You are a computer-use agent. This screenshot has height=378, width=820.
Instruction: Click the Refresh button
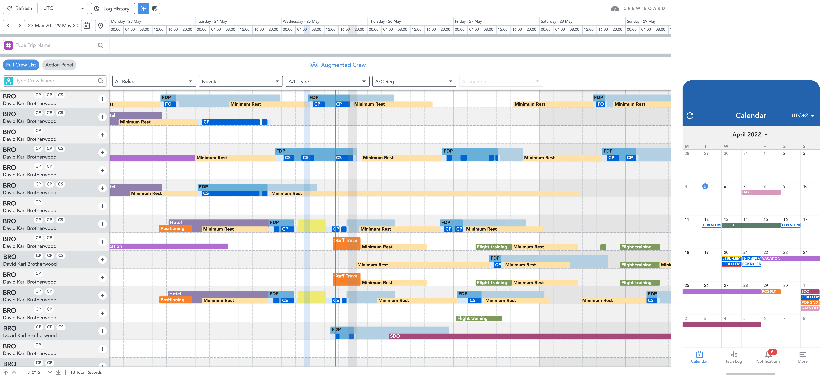pyautogui.click(x=20, y=8)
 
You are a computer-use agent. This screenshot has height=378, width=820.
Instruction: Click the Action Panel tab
pyautogui.click(x=59, y=65)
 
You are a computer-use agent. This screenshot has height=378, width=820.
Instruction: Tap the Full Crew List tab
pyautogui.click(x=21, y=65)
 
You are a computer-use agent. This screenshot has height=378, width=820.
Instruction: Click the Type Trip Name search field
pyautogui.click(x=55, y=45)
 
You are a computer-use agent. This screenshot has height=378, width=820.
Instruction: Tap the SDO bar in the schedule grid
pyautogui.click(x=530, y=336)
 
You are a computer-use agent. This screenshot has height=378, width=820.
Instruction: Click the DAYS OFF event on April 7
pyautogui.click(x=761, y=192)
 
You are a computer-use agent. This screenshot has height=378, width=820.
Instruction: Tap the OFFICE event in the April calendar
pyautogui.click(x=751, y=225)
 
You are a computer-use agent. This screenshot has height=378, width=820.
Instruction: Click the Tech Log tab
pyautogui.click(x=734, y=357)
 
